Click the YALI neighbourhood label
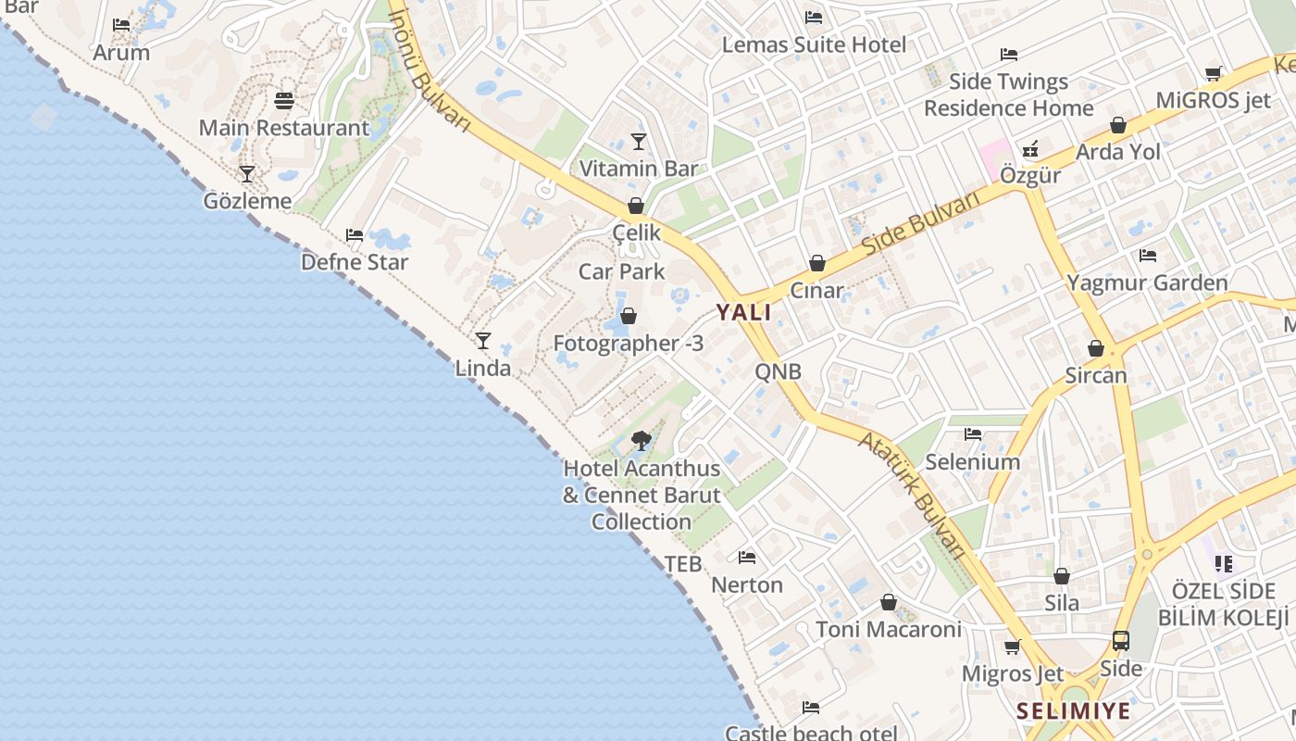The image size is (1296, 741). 743,312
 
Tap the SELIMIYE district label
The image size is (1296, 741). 1073,711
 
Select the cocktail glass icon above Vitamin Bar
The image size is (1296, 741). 638,142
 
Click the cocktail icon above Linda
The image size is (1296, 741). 482,341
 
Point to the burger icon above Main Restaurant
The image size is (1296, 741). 284,100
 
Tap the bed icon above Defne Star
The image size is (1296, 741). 355,235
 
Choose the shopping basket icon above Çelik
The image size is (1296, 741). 636,206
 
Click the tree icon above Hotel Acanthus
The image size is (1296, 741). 641,440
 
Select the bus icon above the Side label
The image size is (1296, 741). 1120,640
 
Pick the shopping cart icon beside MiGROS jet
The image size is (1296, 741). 1214,73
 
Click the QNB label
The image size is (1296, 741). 778,372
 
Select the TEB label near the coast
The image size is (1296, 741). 683,564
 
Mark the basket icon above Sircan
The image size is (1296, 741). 1096,348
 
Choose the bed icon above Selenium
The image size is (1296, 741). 972,433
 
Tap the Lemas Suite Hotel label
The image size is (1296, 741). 814,44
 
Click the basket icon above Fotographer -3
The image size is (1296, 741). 629,317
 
